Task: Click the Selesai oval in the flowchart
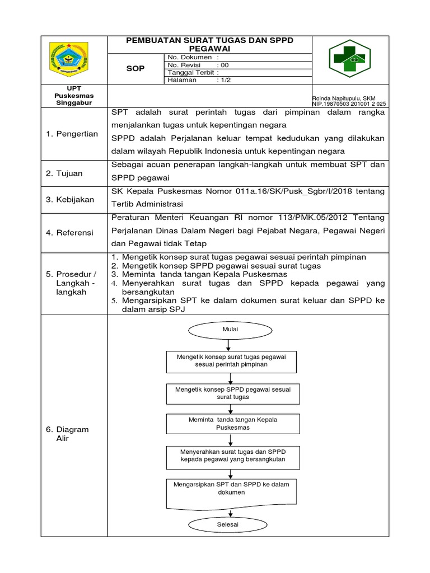[x=228, y=524]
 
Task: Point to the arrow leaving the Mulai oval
[x=230, y=344]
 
